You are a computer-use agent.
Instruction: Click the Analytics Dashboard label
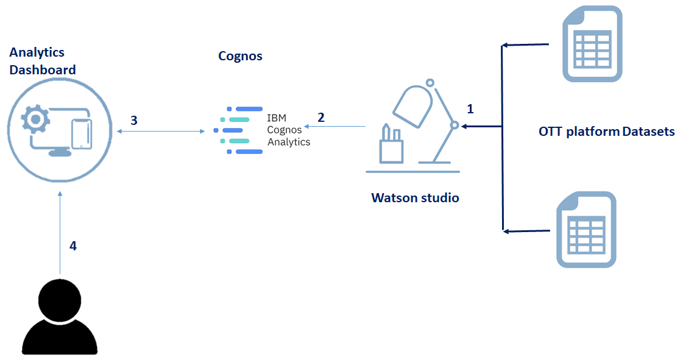click(x=42, y=62)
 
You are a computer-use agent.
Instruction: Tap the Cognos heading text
click(x=240, y=56)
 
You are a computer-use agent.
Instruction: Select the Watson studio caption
click(x=415, y=198)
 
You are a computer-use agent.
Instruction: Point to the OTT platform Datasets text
click(x=606, y=131)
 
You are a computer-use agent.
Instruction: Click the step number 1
click(x=470, y=109)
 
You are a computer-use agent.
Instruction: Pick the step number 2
click(x=321, y=117)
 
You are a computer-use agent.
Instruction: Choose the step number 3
click(x=134, y=120)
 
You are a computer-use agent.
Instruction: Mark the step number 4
click(x=73, y=246)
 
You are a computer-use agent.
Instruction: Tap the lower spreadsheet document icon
click(x=587, y=230)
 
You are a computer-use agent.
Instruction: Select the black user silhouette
click(x=60, y=317)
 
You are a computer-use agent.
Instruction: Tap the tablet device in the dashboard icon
click(x=80, y=134)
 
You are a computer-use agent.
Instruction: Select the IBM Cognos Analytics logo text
click(x=288, y=130)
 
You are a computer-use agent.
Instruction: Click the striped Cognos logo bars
click(x=239, y=130)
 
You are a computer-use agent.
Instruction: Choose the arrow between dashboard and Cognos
click(x=160, y=130)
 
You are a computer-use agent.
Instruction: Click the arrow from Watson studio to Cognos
click(x=335, y=127)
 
